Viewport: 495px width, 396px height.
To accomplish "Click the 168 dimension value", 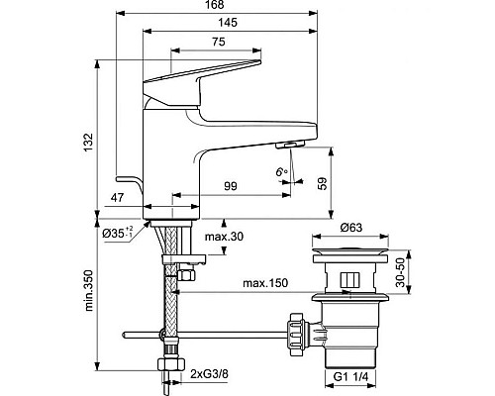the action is pos(216,5).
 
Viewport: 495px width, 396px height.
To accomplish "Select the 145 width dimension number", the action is pos(228,23).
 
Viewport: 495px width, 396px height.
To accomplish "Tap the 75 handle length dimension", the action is pos(219,42).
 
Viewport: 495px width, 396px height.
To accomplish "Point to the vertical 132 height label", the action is pos(88,143).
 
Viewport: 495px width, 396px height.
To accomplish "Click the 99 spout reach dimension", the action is pos(231,186).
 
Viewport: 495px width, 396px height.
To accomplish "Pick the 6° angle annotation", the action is pos(281,172).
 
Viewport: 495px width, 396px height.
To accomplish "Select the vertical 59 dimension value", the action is pos(323,183).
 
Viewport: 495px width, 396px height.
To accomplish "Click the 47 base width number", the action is pos(118,197).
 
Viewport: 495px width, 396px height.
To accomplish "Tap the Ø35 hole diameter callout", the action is pos(118,233).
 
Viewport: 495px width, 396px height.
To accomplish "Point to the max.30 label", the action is pos(224,237).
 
